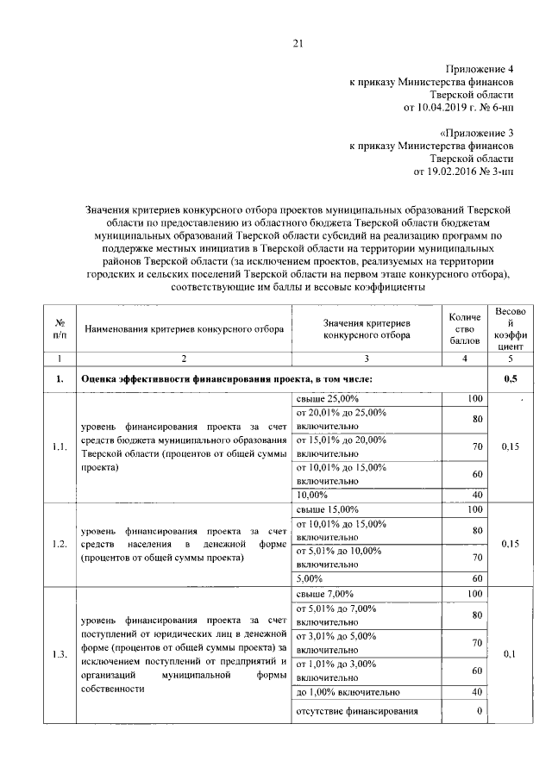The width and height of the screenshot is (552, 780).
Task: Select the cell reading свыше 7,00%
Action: [324, 594]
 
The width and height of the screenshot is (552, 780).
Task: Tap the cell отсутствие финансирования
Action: [357, 711]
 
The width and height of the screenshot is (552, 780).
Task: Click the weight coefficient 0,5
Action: [504, 378]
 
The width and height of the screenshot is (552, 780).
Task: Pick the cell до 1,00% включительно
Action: [348, 690]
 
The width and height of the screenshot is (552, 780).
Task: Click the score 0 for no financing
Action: [478, 711]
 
